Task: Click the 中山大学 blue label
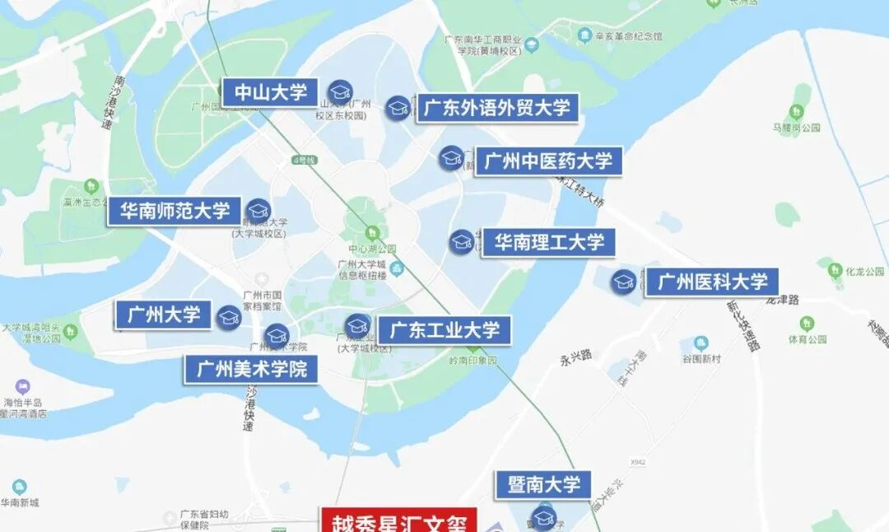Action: pos(271,92)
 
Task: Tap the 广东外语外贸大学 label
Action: pos(496,108)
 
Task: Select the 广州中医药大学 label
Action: pos(548,161)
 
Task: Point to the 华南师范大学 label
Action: pos(175,211)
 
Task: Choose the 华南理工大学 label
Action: pos(548,242)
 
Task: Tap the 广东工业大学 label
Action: pos(444,331)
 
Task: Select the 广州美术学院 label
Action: pos(251,369)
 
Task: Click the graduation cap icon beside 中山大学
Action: pos(340,91)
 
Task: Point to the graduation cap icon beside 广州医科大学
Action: pos(624,282)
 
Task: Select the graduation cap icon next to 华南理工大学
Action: pos(461,242)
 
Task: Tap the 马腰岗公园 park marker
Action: pos(796,112)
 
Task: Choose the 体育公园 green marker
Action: pos(794,321)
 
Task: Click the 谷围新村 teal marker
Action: pos(701,343)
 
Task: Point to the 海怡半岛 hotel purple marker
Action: pos(23,386)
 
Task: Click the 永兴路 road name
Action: pos(576,356)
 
